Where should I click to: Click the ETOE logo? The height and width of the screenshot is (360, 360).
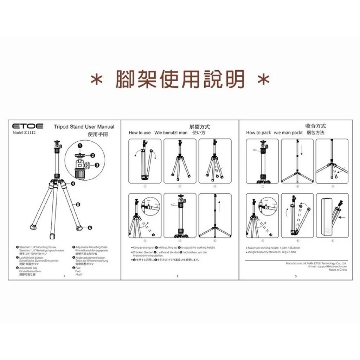[28, 126]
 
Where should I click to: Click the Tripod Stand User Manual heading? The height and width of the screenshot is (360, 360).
[84, 127]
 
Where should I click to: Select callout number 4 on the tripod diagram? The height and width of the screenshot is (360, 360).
[72, 183]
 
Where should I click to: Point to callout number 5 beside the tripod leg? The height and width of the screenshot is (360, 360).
[78, 204]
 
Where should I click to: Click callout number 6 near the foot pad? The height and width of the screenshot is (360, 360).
[90, 227]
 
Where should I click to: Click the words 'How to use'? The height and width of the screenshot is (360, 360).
[140, 133]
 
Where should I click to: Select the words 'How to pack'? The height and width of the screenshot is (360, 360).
[258, 133]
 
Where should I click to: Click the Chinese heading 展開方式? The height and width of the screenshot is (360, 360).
[199, 127]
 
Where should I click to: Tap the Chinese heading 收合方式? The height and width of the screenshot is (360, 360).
[315, 126]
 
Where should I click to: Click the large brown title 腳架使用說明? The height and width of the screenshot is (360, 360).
[180, 79]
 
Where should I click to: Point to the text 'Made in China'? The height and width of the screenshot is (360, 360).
[337, 270]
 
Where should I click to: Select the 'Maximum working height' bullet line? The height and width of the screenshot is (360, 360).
[274, 248]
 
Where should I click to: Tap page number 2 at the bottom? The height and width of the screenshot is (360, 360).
[178, 276]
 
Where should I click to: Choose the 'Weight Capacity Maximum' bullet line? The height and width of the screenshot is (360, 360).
[272, 252]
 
